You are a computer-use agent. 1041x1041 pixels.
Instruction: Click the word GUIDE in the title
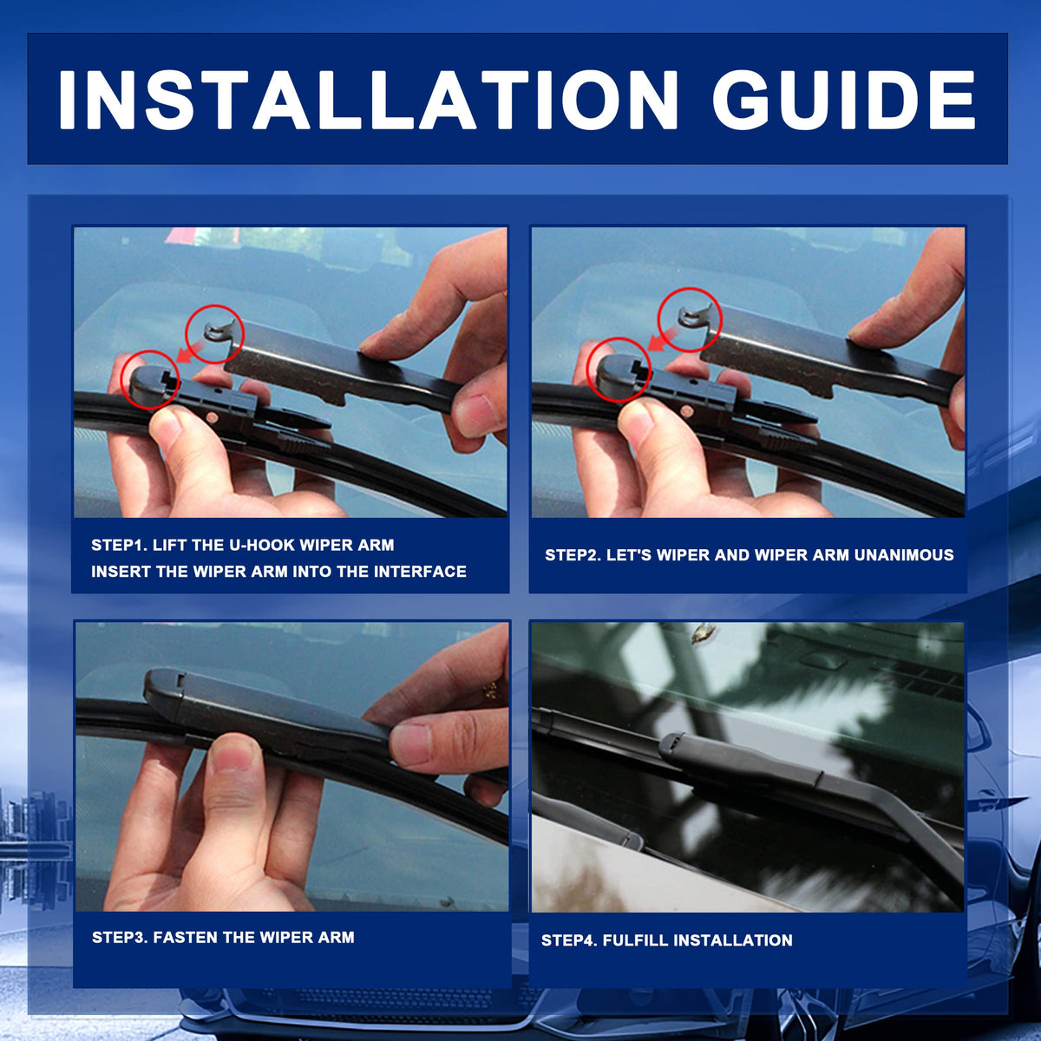[x=844, y=100]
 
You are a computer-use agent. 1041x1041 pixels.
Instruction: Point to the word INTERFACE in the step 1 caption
[x=420, y=572]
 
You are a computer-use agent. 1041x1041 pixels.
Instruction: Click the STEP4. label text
[x=569, y=940]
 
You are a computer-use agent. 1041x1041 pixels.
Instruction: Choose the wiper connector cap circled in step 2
[x=621, y=370]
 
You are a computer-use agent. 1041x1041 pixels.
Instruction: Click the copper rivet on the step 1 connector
[x=213, y=417]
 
